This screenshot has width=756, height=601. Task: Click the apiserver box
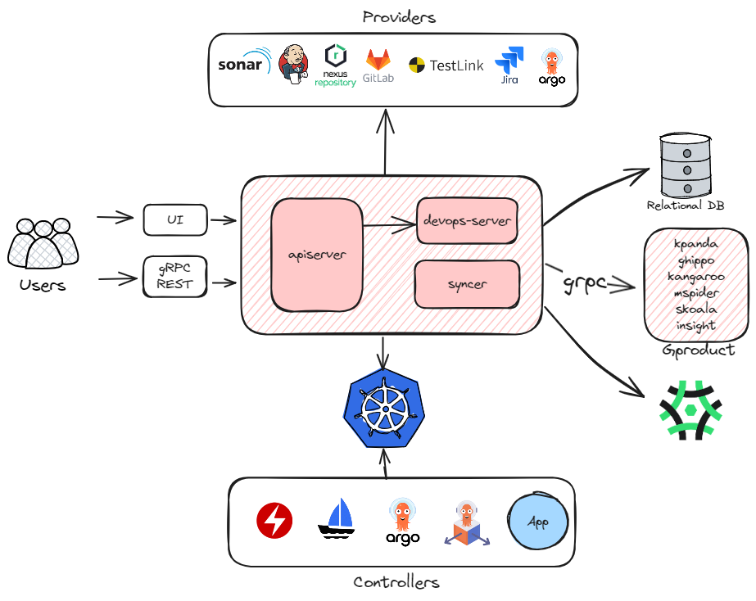click(x=316, y=255)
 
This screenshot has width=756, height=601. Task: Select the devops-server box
click(x=467, y=221)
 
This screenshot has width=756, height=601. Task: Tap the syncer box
click(x=467, y=283)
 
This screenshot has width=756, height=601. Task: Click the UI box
click(x=175, y=219)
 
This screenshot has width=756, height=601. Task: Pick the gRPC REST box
click(x=175, y=278)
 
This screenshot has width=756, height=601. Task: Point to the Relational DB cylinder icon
click(x=686, y=164)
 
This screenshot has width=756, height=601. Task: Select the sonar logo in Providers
click(x=243, y=64)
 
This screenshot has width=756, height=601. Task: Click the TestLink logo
click(x=446, y=66)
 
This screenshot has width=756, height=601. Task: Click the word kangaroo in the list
click(x=695, y=276)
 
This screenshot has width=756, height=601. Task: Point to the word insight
click(x=695, y=325)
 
